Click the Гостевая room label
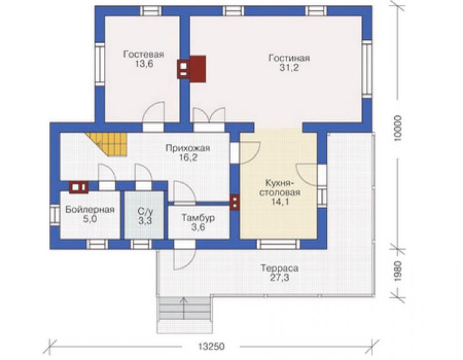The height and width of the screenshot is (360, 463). point(143,54)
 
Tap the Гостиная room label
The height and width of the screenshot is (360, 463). point(289,58)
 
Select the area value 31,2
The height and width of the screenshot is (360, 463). point(289,68)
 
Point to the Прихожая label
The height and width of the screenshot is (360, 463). point(188,148)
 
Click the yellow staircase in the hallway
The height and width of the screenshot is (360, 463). point(110,144)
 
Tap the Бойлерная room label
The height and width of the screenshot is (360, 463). point(90,210)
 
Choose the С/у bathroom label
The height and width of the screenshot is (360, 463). point(145,211)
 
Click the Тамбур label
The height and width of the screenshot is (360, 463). point(198,218)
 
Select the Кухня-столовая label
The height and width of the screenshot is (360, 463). point(280,188)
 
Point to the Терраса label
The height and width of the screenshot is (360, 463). point(279,268)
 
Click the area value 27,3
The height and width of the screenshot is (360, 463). point(279,278)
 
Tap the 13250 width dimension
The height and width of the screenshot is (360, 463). point(211,346)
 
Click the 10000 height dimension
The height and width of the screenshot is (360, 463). point(398,128)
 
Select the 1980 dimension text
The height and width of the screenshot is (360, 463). point(398,270)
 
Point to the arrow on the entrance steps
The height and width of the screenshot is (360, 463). point(184,308)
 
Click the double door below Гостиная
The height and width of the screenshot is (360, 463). point(209,115)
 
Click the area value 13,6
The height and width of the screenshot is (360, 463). point(144,64)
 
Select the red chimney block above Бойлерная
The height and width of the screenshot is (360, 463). point(79,187)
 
